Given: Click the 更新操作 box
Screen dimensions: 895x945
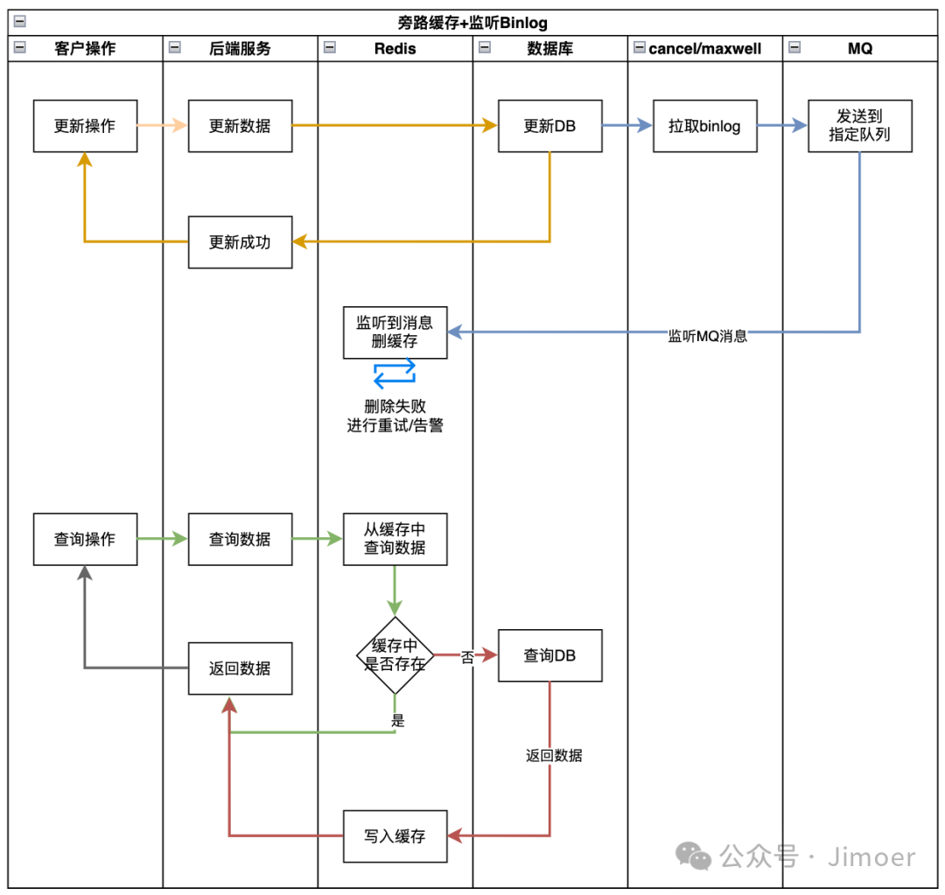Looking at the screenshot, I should (85, 126).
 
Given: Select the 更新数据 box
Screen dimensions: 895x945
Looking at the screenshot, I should (240, 126).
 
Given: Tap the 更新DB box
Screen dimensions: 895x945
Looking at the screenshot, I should (549, 126).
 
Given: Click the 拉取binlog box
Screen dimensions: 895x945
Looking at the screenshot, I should (704, 126).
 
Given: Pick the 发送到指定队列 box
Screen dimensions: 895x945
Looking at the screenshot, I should (859, 126).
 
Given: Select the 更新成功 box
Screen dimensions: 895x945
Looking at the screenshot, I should (240, 242).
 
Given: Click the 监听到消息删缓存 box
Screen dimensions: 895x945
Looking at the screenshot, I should (395, 332).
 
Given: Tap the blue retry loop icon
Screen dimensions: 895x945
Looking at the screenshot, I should (395, 373).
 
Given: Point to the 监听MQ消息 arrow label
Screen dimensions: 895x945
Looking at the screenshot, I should (707, 336).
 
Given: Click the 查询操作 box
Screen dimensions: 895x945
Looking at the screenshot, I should (85, 539).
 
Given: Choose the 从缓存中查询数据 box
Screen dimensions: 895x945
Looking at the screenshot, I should (395, 539).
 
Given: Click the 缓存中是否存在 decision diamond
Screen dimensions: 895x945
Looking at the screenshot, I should (395, 655).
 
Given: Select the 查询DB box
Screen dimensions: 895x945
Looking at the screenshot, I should (549, 655).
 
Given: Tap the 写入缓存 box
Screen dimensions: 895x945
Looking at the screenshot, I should (395, 836).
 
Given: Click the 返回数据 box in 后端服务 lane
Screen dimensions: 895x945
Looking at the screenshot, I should (240, 668).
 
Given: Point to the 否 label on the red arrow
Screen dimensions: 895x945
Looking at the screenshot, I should (467, 657).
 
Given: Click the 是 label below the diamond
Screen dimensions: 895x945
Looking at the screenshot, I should (398, 721).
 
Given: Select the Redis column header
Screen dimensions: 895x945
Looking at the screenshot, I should (395, 49).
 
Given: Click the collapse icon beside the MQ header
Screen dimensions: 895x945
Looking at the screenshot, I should (794, 48).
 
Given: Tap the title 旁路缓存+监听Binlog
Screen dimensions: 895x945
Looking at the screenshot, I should (472, 23).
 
